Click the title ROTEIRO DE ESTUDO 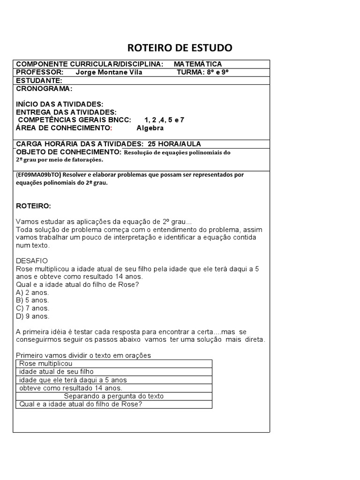click(180, 48)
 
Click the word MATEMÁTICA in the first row click(198, 64)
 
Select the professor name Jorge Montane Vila click(109, 72)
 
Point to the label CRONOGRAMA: click(45, 88)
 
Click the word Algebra click(150, 127)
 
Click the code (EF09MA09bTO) click(38, 175)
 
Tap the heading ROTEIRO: click(34, 206)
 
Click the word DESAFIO click(32, 261)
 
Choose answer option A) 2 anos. click(32, 292)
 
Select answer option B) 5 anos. click(32, 300)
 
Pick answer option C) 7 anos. click(32, 308)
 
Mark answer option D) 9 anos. click(32, 316)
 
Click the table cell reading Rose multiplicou click(46, 364)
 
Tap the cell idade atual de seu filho click(57, 372)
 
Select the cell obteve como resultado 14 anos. click(71, 388)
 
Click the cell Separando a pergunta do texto click(114, 396)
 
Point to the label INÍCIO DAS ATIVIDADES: click(60, 104)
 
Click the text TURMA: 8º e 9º click(202, 72)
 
